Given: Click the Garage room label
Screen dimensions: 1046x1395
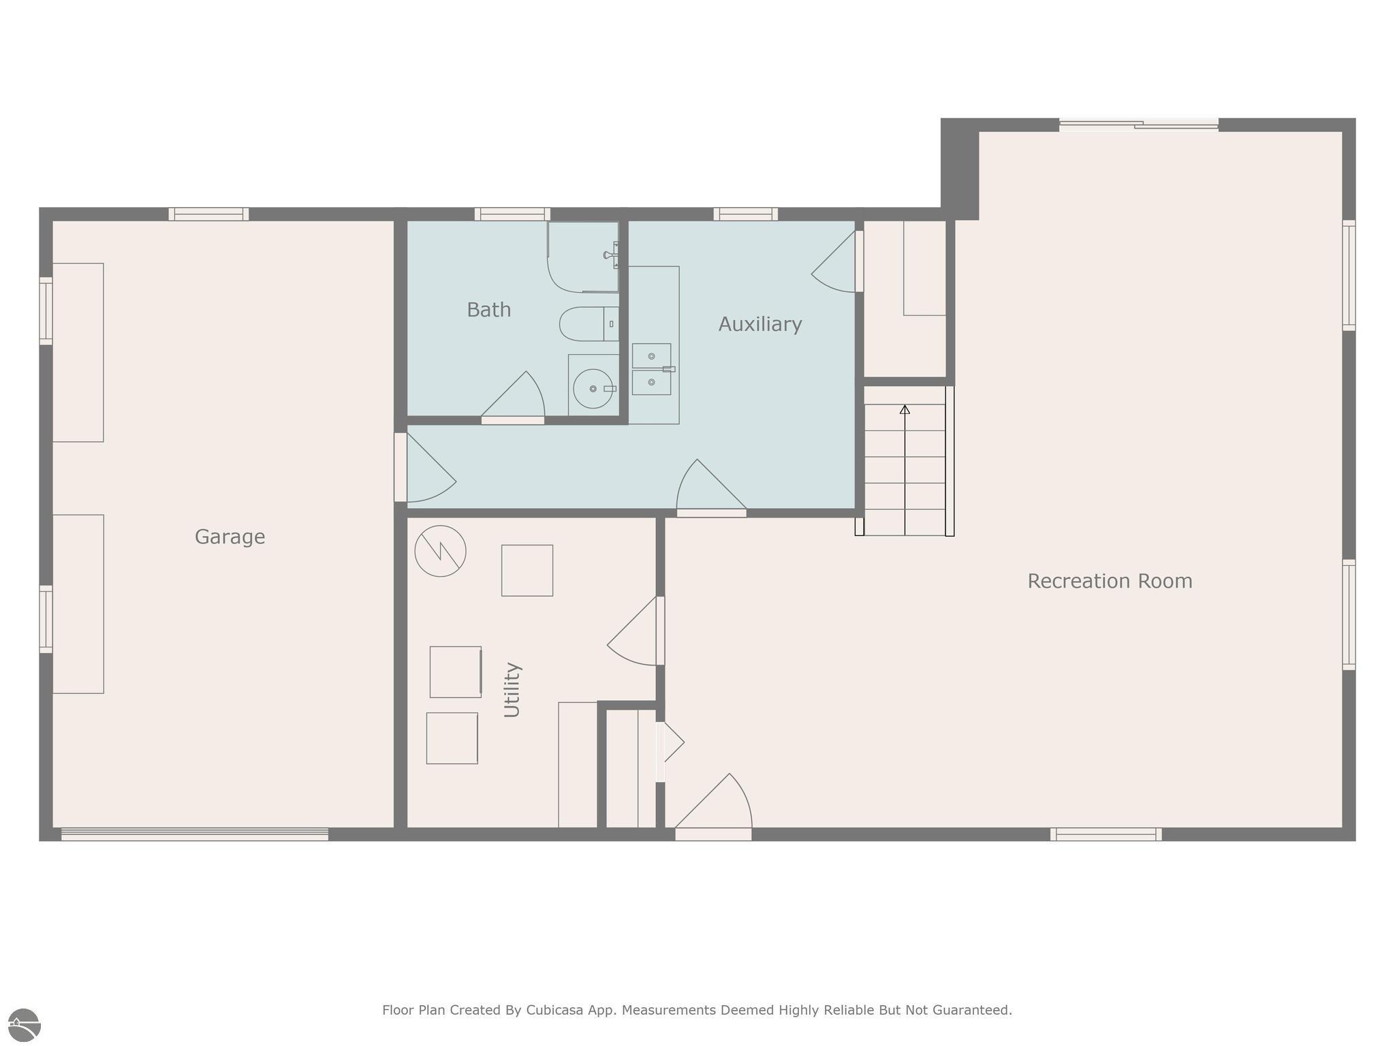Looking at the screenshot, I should pos(230,537).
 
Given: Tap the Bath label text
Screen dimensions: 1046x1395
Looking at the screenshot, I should pos(488,310).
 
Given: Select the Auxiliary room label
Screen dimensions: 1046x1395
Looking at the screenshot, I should pos(759,324).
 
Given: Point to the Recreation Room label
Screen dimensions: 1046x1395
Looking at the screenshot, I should pos(1109,581).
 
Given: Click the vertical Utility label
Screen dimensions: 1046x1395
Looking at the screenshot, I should pos(512,689).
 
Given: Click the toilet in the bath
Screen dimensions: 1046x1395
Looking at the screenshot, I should pos(587,324).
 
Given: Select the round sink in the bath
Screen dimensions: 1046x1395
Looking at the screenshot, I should pos(592,389).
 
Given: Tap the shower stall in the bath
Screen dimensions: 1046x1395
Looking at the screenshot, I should pos(582,257).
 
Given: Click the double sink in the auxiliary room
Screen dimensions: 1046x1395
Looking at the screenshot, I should pos(651,369).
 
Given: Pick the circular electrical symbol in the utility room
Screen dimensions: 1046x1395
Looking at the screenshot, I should pos(440,551).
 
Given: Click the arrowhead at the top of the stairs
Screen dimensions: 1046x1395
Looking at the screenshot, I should pos(905,409).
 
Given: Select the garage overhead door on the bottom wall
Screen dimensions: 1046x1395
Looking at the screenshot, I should pos(195,834).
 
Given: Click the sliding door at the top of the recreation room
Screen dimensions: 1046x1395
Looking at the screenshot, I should pos(1138,125).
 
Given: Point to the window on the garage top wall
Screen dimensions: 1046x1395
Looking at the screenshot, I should pos(208,214).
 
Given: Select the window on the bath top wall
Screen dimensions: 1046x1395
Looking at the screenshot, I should pos(512,214).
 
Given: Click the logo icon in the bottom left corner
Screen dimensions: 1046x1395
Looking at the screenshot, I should pos(25,1025).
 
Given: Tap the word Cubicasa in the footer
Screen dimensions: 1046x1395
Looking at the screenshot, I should pos(554,1010).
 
